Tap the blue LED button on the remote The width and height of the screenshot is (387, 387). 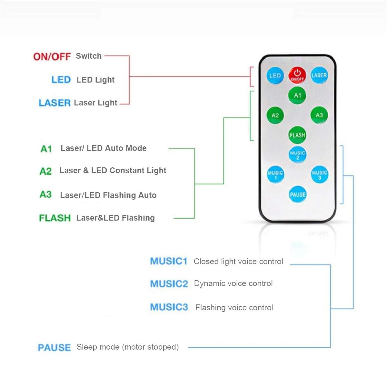click(x=275, y=75)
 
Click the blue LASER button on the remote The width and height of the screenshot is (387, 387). click(x=319, y=75)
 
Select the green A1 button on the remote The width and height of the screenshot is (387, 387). click(x=297, y=95)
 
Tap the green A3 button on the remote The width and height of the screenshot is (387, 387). click(x=319, y=115)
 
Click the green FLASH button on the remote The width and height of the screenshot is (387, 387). click(x=297, y=135)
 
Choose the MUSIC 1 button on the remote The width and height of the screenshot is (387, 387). click(x=275, y=174)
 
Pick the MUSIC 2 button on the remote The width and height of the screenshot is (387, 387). click(x=297, y=154)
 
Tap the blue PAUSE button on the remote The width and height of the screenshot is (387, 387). click(x=297, y=194)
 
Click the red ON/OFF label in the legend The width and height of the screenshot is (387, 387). click(x=52, y=57)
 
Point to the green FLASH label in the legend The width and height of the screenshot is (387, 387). click(x=55, y=218)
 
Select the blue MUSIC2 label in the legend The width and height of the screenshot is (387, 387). click(x=169, y=284)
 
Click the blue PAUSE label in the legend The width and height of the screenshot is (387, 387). click(x=54, y=348)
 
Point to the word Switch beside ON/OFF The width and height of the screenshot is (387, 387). click(x=89, y=56)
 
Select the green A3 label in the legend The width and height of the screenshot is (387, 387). click(x=45, y=195)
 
